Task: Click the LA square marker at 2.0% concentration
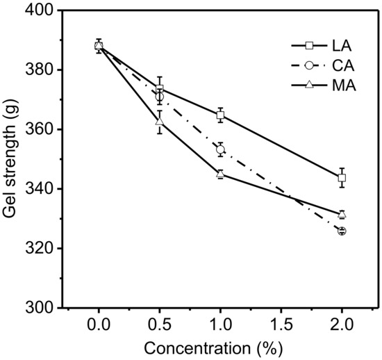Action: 342,178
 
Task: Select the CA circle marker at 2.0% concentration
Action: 342,231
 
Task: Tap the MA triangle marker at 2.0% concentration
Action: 342,214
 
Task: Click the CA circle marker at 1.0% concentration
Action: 220,149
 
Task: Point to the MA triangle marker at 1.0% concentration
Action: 220,174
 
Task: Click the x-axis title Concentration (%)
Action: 220,348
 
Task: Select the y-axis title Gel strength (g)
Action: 12,159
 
